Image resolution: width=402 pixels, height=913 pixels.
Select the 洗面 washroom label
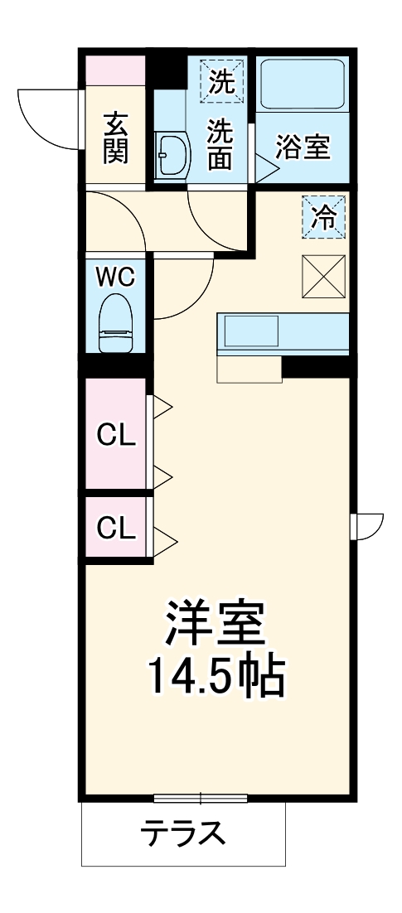click(x=220, y=144)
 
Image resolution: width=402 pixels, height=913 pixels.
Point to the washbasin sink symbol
click(x=173, y=154)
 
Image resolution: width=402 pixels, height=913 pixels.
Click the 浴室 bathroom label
click(x=303, y=147)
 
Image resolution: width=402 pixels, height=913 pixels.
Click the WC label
click(x=115, y=277)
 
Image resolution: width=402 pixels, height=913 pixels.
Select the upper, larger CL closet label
click(x=115, y=434)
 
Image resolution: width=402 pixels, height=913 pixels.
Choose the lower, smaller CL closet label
click(x=115, y=527)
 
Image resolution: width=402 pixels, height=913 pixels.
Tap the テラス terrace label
click(x=182, y=831)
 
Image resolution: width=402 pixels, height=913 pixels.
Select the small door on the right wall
click(x=367, y=525)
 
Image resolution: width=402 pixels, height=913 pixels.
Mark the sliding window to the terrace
click(x=201, y=799)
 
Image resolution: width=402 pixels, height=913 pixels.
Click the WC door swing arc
click(x=178, y=290)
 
